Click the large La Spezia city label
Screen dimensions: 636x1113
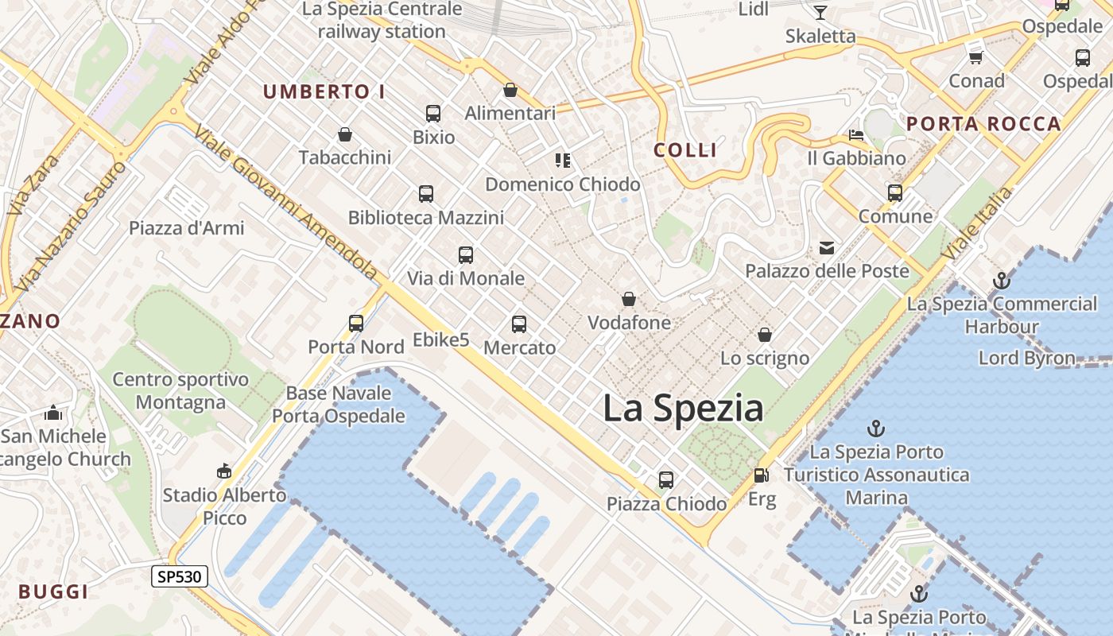pos(683,409)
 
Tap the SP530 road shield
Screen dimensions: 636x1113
pos(180,576)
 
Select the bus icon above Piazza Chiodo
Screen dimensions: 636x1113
pos(666,480)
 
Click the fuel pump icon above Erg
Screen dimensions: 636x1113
pos(761,475)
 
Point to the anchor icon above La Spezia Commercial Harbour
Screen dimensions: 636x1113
pos(1001,281)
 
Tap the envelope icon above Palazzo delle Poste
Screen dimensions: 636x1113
pos(827,248)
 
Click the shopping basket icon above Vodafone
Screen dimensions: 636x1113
pos(629,300)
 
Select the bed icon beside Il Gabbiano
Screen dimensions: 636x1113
pos(855,135)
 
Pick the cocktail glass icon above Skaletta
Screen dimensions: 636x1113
pos(820,13)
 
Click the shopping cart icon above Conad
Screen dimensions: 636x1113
pos(976,57)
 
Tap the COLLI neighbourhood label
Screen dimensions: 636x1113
pos(685,150)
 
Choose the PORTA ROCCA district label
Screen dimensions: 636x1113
pos(983,124)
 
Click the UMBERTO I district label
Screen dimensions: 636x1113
pos(324,92)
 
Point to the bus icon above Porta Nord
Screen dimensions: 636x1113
pos(356,324)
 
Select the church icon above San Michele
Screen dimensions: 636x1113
pos(53,413)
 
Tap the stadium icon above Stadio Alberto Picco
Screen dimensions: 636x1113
pos(224,471)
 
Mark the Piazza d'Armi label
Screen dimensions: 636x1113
pos(187,228)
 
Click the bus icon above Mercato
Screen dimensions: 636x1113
pos(519,324)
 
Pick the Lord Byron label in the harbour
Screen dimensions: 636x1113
pos(1026,358)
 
